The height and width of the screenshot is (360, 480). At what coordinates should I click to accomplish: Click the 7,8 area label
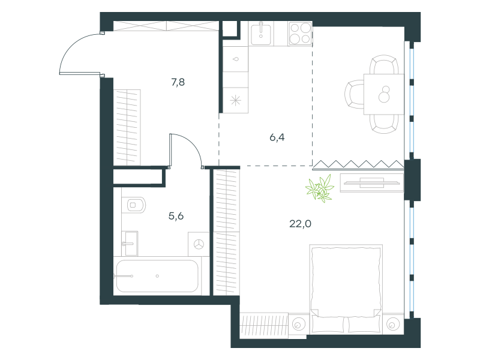tap(178, 82)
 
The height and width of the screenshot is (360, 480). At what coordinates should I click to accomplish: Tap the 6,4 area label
tap(277, 137)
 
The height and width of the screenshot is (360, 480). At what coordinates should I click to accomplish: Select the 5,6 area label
tap(176, 216)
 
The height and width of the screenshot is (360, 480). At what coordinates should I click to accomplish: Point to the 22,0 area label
tap(301, 224)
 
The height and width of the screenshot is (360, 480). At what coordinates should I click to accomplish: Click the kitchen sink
tap(261, 34)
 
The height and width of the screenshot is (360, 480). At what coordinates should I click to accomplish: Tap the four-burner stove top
tap(300, 34)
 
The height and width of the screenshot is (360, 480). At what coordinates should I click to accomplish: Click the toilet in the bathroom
tap(134, 205)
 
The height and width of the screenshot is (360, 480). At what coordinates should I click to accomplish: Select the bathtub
tap(157, 276)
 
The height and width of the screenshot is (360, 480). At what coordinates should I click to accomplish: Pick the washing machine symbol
tap(199, 244)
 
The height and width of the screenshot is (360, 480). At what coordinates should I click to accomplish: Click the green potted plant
tap(320, 188)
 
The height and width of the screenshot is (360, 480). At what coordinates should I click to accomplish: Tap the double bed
tap(346, 289)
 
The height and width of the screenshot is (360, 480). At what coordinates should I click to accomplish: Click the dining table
tap(384, 94)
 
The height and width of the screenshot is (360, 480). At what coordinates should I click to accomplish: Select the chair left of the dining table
tap(355, 94)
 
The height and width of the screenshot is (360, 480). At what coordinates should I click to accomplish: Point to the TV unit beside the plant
tap(372, 183)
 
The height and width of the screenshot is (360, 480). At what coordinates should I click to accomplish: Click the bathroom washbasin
tap(130, 244)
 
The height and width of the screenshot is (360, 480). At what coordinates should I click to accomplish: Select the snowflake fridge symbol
tap(235, 100)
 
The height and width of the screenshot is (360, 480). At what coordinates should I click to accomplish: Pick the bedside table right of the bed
tap(393, 324)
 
